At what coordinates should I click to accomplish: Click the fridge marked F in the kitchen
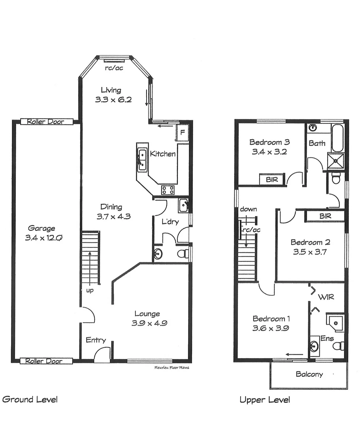[x=183, y=132]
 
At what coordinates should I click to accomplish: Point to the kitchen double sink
[x=142, y=159]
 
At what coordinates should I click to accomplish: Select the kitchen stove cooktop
[x=168, y=190]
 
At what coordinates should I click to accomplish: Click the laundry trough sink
[x=183, y=206]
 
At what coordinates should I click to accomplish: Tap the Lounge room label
[x=147, y=314]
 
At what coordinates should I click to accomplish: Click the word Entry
[x=96, y=340]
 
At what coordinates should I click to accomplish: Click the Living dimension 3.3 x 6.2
[x=113, y=100]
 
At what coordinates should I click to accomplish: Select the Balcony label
[x=309, y=374]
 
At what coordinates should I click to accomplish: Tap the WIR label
[x=326, y=297]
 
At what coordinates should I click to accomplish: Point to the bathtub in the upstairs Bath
[x=338, y=138]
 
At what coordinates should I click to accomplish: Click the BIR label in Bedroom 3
[x=271, y=179]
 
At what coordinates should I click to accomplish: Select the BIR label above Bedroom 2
[x=325, y=216]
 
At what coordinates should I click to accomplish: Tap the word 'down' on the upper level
[x=248, y=209]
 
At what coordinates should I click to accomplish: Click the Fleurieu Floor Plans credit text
[x=172, y=368]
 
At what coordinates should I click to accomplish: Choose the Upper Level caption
[x=264, y=400]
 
